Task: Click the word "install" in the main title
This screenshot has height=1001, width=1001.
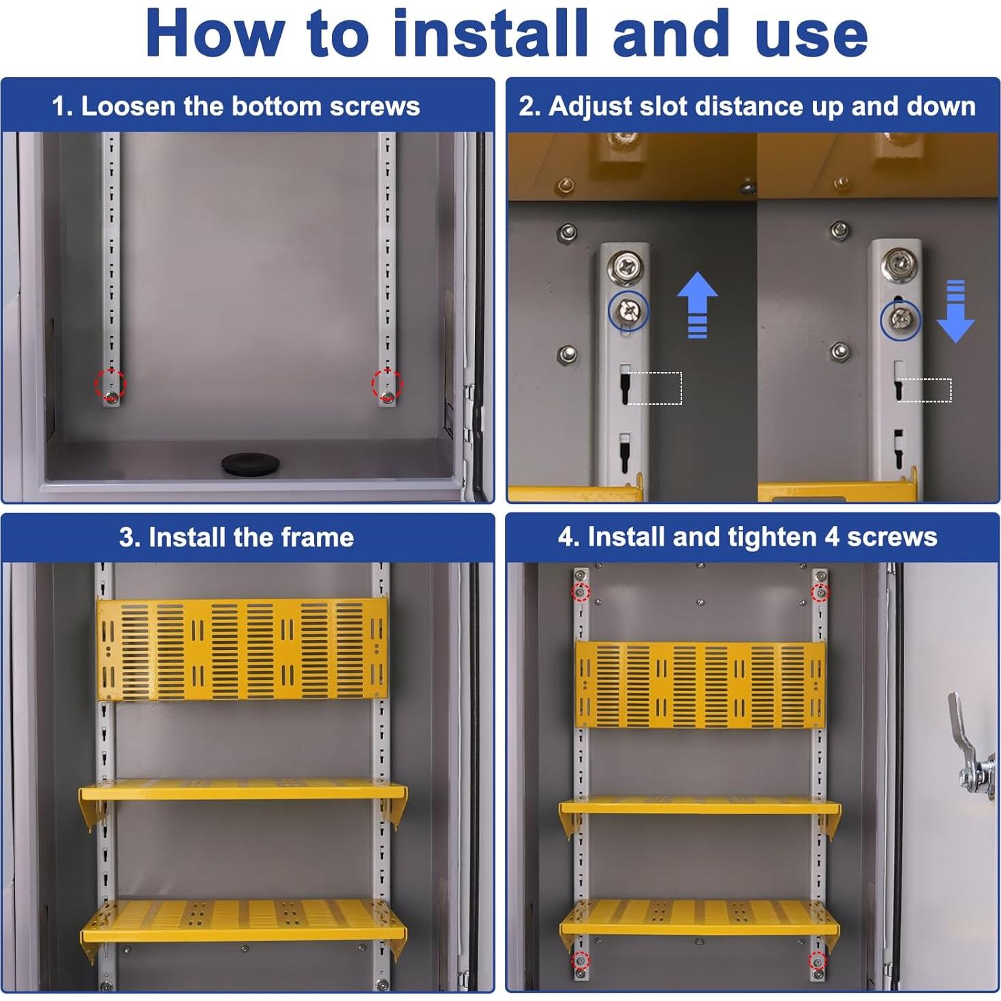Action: pos(491,33)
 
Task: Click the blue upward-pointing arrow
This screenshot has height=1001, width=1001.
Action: pos(697,305)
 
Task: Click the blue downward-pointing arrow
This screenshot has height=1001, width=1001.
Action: pos(955,311)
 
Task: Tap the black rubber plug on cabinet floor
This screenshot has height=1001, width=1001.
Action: pos(250,463)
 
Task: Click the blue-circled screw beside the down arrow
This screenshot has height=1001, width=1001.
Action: pos(900,320)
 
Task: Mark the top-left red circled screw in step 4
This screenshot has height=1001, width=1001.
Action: pos(581,592)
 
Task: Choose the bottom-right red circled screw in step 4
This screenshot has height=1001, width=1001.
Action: pos(818,961)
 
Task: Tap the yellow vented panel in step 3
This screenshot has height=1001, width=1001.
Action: pos(243,649)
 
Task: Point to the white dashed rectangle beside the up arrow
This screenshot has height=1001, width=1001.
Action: pos(655,388)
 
